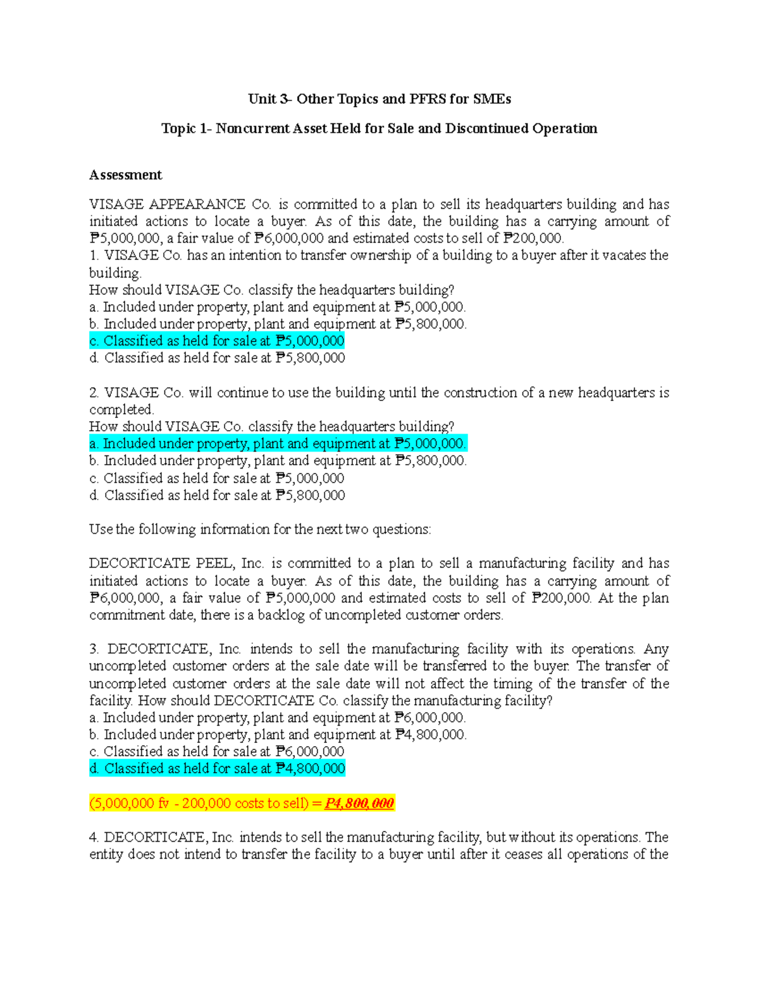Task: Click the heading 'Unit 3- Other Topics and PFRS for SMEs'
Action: click(379, 99)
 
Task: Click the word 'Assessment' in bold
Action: click(125, 175)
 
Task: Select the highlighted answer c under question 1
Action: click(217, 341)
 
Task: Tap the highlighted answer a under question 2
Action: click(278, 444)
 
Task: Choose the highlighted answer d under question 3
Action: click(217, 769)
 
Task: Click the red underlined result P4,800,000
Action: click(359, 804)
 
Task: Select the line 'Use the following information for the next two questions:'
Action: click(260, 529)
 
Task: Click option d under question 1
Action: click(217, 358)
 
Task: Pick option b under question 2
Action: click(278, 461)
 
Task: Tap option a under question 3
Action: click(278, 718)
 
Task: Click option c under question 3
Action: click(217, 752)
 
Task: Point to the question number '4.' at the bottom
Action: click(94, 838)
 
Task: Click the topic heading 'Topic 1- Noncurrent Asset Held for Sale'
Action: click(379, 129)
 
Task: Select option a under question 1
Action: click(278, 307)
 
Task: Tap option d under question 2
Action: click(217, 496)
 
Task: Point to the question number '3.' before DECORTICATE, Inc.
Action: click(94, 649)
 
